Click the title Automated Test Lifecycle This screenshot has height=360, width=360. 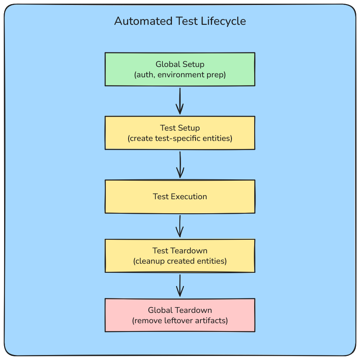tap(180, 21)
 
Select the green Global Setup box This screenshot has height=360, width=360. tap(180, 69)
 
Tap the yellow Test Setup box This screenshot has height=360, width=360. tap(180, 133)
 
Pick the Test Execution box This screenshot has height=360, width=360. tap(180, 196)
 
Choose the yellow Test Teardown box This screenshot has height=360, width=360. tap(180, 256)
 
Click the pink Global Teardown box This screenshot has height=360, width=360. tap(180, 315)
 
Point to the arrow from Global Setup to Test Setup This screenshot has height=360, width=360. tap(180, 101)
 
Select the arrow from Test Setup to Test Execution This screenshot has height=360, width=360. tap(180, 165)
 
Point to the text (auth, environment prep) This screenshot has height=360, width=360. tap(180, 75)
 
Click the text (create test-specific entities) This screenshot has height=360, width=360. tap(180, 138)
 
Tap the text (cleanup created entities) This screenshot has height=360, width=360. tap(180, 261)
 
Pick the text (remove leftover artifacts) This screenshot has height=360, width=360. tap(180, 320)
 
